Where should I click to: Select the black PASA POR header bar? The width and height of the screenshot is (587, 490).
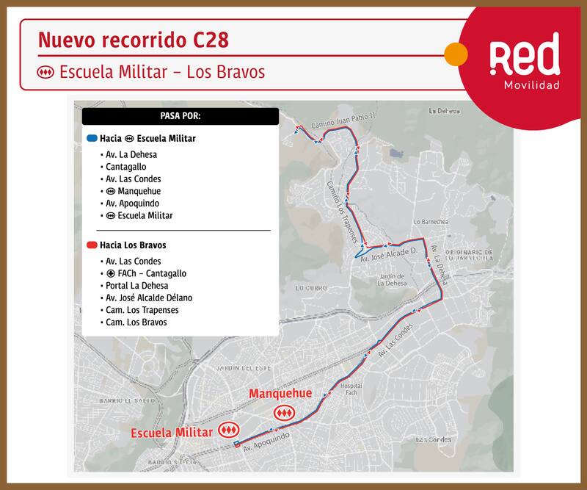point(180,117)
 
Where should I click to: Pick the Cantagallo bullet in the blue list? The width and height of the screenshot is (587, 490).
point(125,167)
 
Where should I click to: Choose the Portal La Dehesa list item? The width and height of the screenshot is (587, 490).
point(136,285)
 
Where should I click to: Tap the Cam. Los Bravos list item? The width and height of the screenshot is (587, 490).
point(136,322)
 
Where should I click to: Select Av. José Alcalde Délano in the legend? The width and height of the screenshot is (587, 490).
point(149,298)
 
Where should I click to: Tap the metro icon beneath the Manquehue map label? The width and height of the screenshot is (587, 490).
point(283,414)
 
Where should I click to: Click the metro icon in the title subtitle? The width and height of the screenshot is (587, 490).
point(46,73)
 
